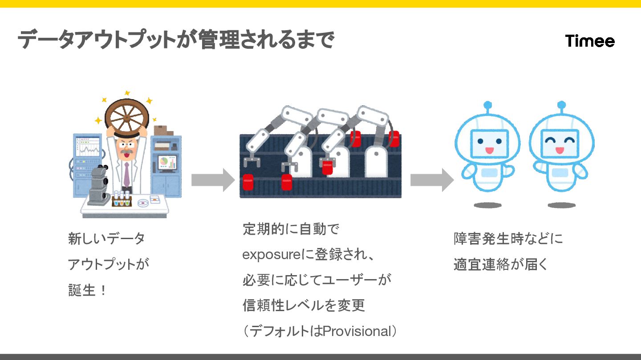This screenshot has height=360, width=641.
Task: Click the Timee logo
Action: coord(590,41)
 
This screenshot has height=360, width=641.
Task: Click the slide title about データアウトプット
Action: coord(175,40)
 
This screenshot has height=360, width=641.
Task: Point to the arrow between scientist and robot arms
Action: coord(213,180)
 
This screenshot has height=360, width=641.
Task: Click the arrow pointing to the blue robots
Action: coord(431,180)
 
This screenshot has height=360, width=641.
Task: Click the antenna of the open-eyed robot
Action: coord(488,107)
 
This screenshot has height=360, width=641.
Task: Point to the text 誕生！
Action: coord(87,291)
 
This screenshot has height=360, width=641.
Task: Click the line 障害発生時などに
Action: coord(508,239)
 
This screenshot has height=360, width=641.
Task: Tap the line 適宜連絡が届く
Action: coord(500,264)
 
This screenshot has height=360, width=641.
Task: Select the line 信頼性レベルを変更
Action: coord(304,305)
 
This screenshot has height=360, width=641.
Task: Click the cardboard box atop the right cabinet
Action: coord(163,131)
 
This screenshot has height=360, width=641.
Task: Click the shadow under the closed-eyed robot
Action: coord(561,205)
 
